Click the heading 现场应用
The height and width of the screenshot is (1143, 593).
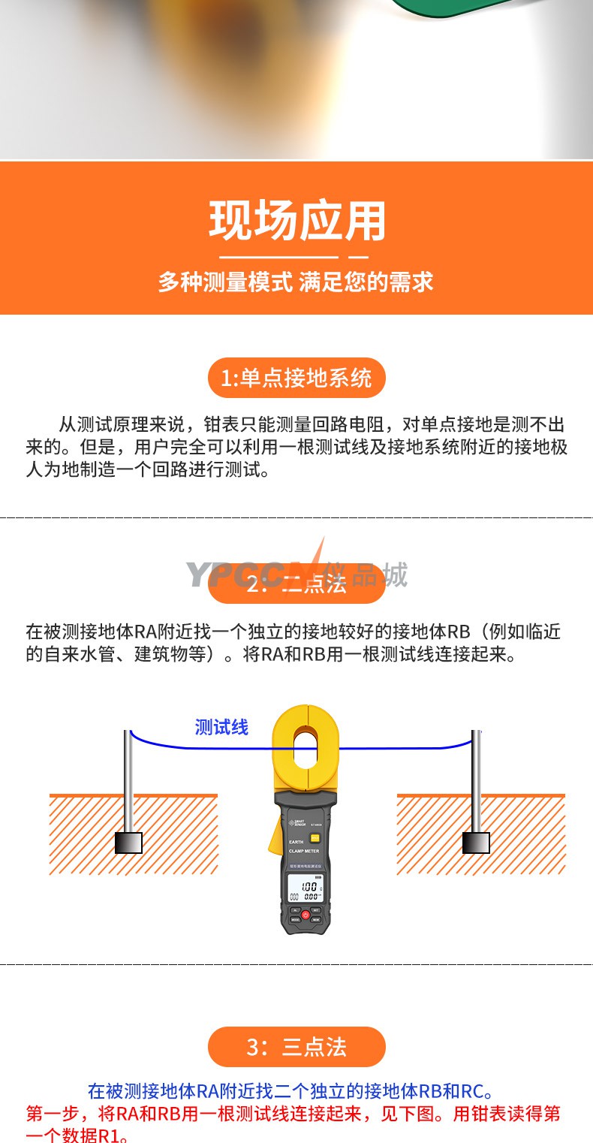coord(296,221)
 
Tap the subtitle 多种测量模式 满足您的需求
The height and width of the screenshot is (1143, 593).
coord(296,282)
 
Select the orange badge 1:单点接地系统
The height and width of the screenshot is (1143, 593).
coord(296,378)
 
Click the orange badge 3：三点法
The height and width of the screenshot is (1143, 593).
coord(296,1047)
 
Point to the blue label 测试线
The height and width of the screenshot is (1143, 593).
coord(221,727)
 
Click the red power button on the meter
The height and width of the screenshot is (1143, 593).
coord(306,915)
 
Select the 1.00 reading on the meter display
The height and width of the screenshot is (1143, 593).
coord(309,887)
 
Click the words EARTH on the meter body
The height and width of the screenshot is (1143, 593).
coord(296,843)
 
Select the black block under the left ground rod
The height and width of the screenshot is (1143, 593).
coord(128,843)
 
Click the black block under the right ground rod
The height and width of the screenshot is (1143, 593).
coord(476,843)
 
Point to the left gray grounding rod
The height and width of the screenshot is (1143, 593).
coord(128,781)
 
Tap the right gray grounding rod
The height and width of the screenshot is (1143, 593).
coord(476,781)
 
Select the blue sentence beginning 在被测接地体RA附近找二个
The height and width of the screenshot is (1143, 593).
coord(291,1090)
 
